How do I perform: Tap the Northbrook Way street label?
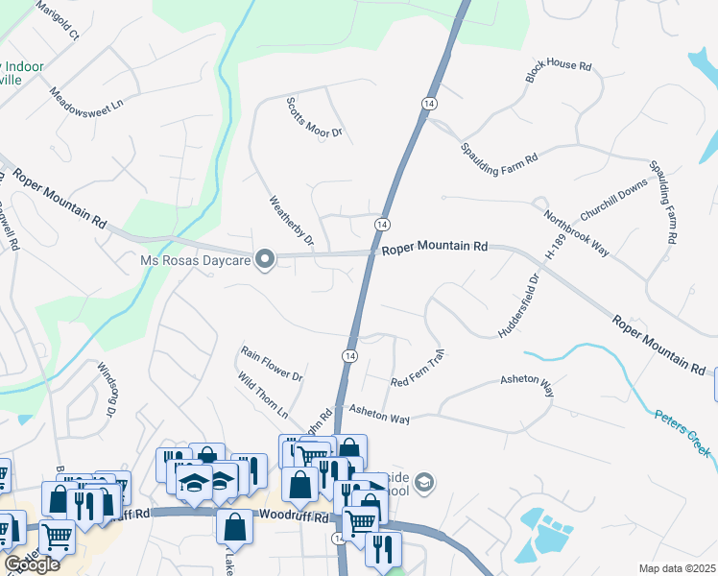tap(576, 232)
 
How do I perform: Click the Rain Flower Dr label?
tap(272, 363)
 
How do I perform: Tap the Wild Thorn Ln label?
tap(262, 397)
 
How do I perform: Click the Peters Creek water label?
tap(682, 434)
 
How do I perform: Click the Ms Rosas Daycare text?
tap(195, 260)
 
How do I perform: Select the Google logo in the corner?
tap(32, 564)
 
